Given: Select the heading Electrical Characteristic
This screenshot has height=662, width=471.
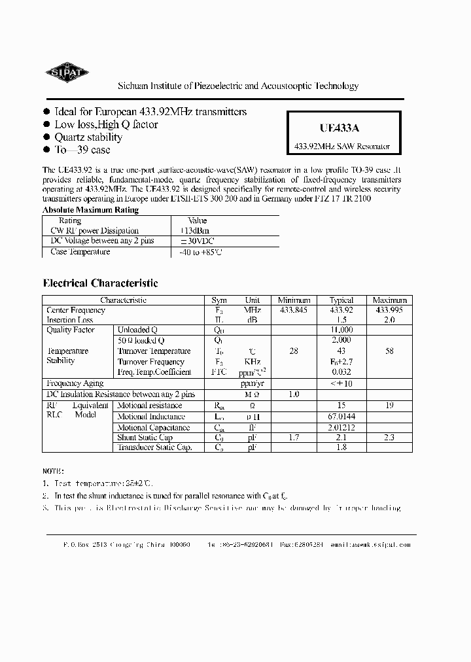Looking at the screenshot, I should (100, 283).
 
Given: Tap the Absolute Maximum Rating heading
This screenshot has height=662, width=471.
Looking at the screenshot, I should (90, 210).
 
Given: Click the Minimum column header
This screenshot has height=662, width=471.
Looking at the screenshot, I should (294, 300).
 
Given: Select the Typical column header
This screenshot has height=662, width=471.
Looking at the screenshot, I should (341, 300).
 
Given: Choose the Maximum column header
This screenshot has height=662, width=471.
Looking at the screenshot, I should (390, 300).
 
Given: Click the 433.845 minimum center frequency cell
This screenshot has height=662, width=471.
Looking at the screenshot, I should (294, 310).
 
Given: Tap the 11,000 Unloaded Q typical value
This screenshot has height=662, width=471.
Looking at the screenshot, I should (341, 330).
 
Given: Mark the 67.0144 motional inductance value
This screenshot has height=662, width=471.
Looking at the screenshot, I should (341, 417).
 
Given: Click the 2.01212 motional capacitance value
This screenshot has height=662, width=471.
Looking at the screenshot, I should (341, 427).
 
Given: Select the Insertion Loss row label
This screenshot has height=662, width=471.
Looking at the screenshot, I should (70, 320).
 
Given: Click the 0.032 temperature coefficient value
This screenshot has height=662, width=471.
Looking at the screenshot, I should (341, 372).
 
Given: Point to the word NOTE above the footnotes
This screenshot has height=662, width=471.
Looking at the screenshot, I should (53, 470).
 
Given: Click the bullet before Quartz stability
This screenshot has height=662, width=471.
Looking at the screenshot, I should (46, 137).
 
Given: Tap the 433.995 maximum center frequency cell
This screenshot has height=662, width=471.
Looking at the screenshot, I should (390, 310).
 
